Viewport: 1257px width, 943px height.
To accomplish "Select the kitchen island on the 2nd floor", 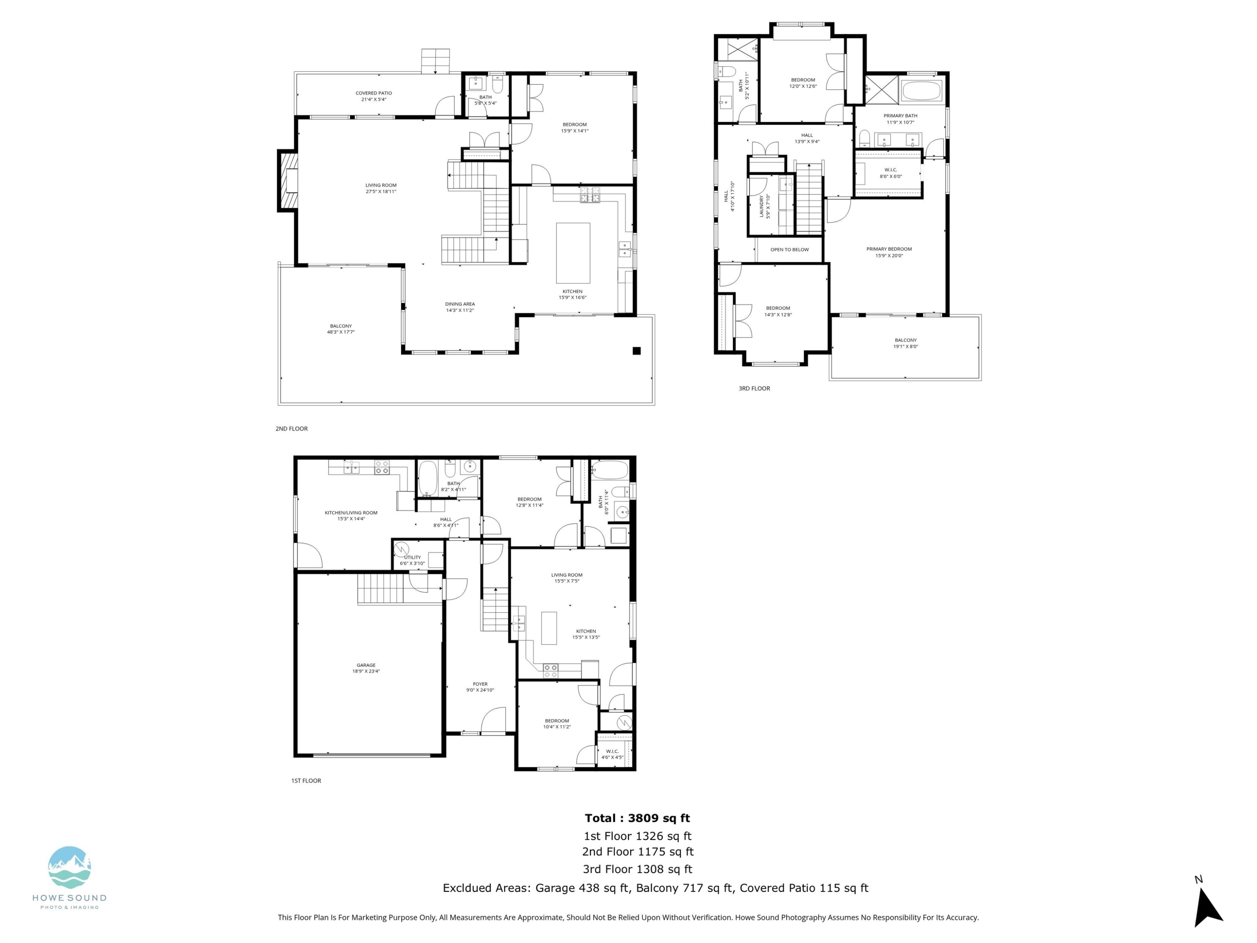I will (573, 253).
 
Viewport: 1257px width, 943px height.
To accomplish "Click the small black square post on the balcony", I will (636, 351).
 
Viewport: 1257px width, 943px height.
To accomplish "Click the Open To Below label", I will (789, 249).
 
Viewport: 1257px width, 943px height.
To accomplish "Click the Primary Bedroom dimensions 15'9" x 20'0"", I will (889, 256).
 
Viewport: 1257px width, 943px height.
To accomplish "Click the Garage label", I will (366, 665).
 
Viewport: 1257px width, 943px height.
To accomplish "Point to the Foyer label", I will (480, 684).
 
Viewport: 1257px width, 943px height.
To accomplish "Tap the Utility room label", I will (413, 557).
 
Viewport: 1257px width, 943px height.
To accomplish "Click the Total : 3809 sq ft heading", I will (637, 818).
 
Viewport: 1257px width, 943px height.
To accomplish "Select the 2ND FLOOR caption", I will (292, 429).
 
